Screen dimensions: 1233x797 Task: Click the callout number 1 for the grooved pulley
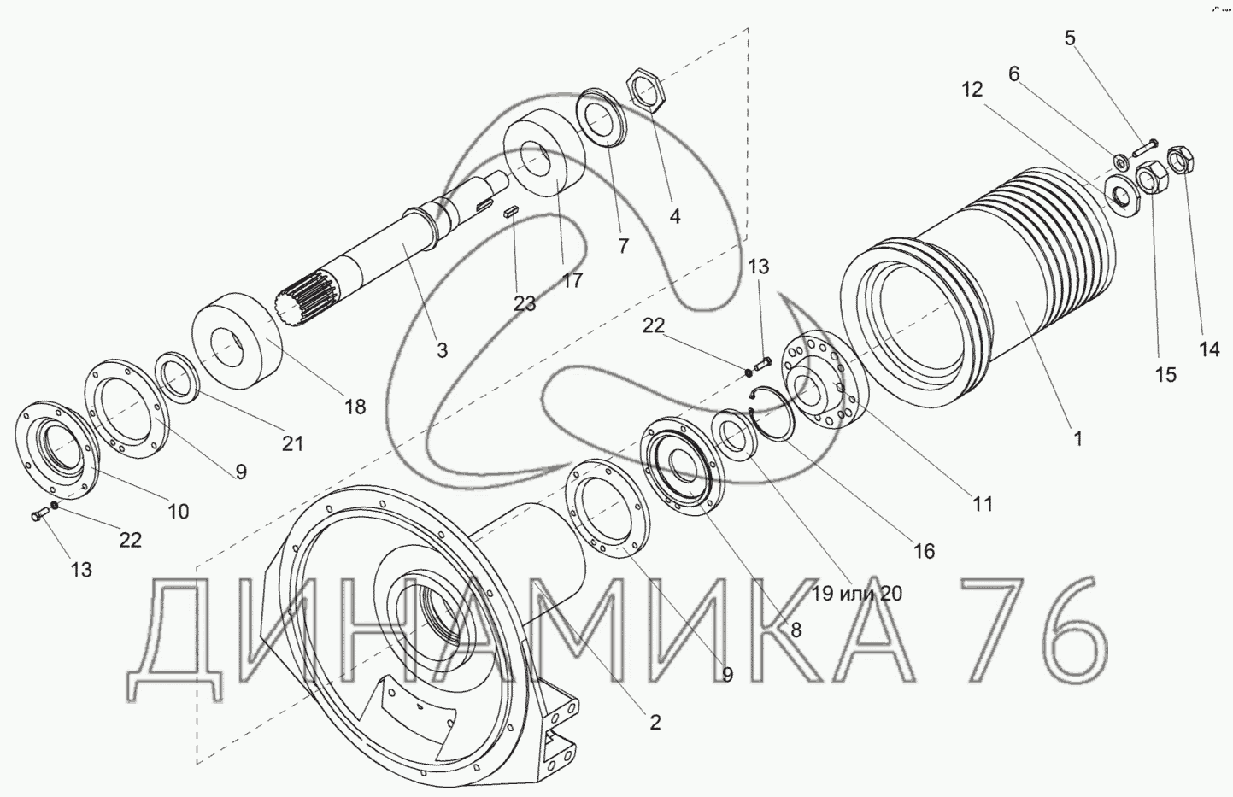[x=1077, y=438]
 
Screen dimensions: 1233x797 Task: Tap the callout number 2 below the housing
[x=655, y=722]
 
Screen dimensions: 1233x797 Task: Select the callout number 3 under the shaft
[x=442, y=350]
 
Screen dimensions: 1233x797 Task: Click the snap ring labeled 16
[x=772, y=417]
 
